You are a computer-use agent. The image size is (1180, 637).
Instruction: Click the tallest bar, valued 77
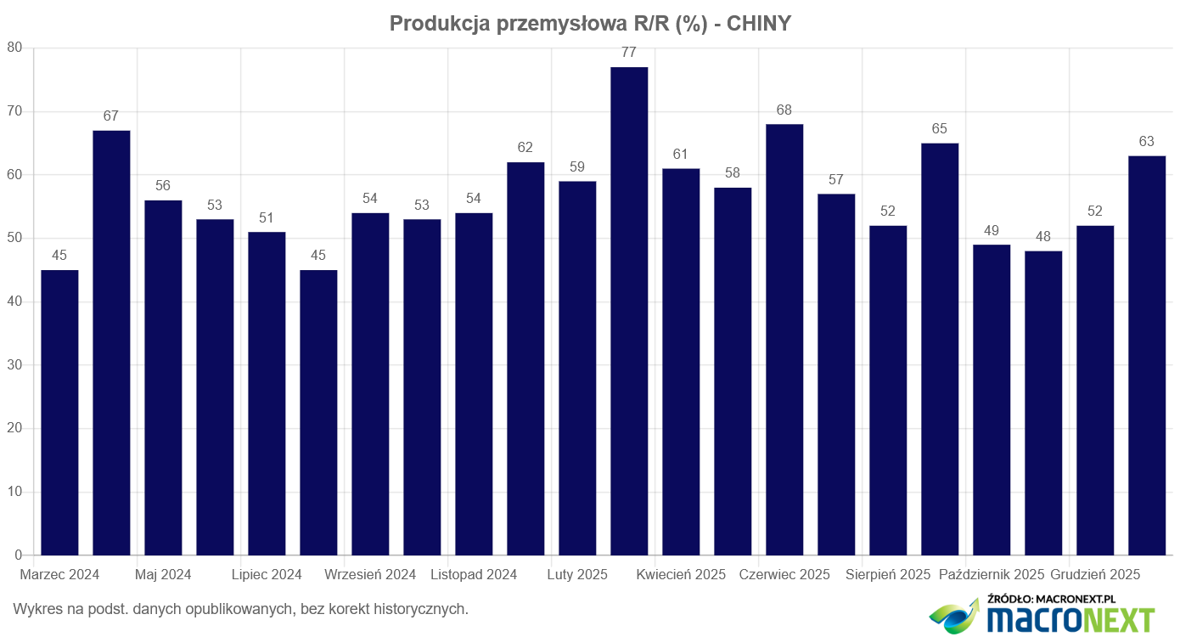click(x=629, y=311)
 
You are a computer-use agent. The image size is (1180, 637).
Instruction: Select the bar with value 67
click(x=111, y=342)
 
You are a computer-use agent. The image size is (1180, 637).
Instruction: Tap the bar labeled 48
click(x=1043, y=403)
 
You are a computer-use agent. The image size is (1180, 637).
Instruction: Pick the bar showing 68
click(x=784, y=340)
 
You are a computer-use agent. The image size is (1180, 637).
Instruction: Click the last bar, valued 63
click(x=1147, y=355)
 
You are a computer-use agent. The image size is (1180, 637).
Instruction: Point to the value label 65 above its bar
click(x=940, y=129)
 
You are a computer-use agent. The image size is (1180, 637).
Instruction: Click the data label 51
click(x=267, y=218)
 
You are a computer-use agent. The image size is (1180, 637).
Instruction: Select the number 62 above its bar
click(x=525, y=148)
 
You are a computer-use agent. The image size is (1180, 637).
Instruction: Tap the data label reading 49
click(x=992, y=231)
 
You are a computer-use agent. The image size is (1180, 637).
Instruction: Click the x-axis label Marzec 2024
click(x=59, y=575)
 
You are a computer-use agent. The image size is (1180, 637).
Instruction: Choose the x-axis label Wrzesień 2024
click(x=370, y=575)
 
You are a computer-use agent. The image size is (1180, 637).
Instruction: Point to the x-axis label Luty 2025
click(x=577, y=575)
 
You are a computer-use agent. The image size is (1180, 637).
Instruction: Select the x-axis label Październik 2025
click(x=992, y=575)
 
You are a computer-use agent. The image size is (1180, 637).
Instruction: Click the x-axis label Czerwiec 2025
click(x=784, y=575)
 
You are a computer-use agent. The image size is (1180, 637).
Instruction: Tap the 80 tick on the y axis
click(x=14, y=48)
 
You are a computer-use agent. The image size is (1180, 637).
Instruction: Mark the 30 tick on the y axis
click(x=14, y=365)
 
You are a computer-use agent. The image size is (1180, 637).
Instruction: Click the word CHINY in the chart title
click(x=759, y=24)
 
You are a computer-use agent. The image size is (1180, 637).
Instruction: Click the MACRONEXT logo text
click(x=1070, y=618)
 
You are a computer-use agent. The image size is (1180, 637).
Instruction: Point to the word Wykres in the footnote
click(x=36, y=609)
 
